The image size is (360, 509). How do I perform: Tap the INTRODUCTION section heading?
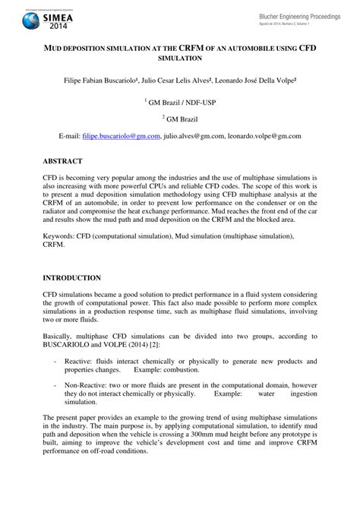(73, 278)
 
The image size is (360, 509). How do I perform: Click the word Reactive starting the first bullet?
(77, 361)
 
